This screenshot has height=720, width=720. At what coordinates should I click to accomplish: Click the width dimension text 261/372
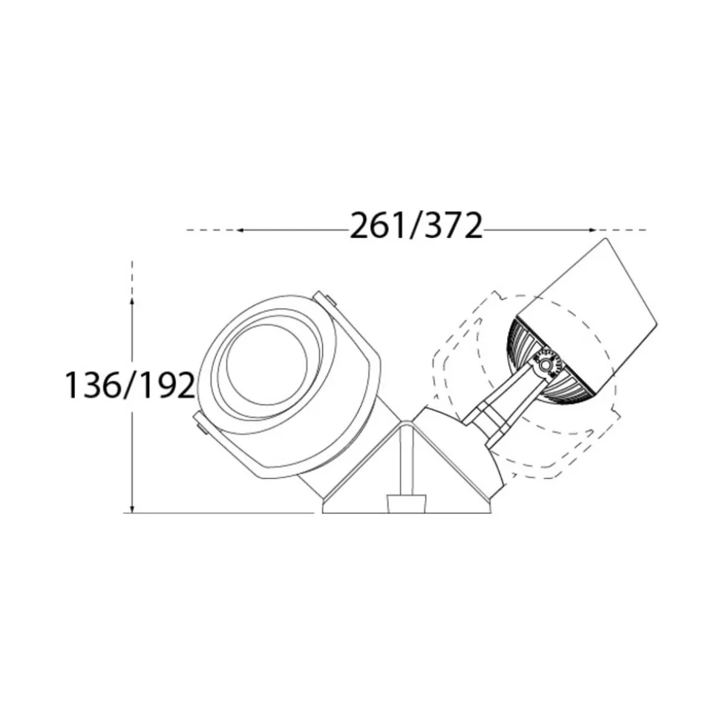[416, 226]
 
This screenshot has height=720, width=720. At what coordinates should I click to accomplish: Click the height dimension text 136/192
[131, 385]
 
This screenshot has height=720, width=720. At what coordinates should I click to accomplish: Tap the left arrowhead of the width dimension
[240, 230]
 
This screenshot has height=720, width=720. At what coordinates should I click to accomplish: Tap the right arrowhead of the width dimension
[592, 230]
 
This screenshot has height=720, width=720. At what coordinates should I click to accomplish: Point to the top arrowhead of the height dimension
[132, 301]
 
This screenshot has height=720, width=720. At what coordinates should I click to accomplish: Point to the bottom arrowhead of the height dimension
[132, 509]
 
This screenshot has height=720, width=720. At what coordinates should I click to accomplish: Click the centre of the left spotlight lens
[266, 365]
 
